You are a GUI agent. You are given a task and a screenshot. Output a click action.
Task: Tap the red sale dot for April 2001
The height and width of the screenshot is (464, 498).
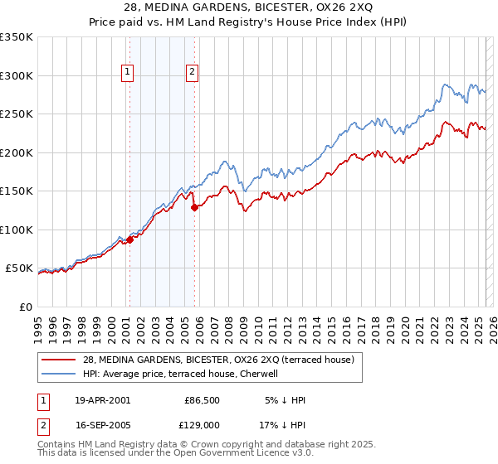129,240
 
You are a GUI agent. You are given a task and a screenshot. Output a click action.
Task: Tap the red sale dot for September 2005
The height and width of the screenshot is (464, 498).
194,208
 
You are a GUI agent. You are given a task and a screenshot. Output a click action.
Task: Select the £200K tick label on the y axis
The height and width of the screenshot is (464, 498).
16,153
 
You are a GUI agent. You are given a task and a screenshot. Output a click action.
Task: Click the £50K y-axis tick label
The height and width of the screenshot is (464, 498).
19,268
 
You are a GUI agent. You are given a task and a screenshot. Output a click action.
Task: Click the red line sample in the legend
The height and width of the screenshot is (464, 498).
59,360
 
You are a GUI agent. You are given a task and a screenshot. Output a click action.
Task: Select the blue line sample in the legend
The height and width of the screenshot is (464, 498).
59,373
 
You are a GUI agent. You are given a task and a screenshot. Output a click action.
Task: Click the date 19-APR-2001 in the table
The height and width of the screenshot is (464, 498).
102,400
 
